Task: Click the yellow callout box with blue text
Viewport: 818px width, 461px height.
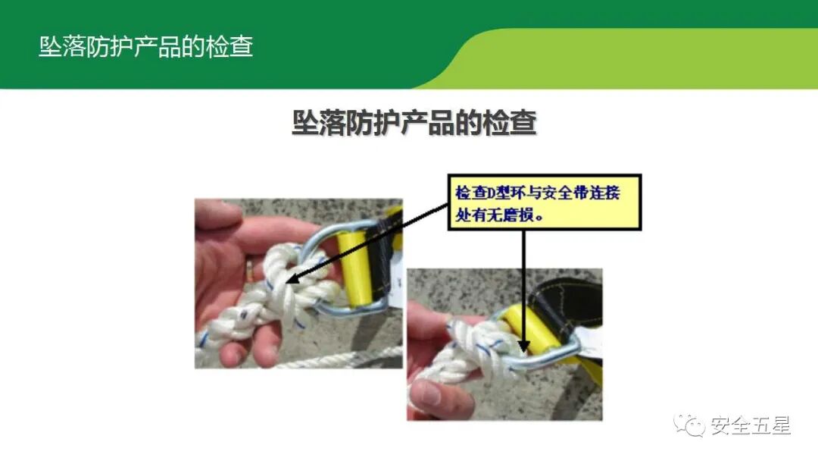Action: pyautogui.click(x=544, y=202)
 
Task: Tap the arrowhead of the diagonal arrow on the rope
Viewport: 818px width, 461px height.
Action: pyautogui.click(x=292, y=280)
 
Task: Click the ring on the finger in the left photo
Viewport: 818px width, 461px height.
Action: pyautogui.click(x=249, y=266)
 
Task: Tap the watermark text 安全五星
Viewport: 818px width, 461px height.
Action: pyautogui.click(x=750, y=426)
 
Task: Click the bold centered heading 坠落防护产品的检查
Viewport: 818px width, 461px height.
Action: pyautogui.click(x=414, y=124)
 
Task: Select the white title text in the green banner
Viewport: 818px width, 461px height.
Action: pyautogui.click(x=145, y=47)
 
